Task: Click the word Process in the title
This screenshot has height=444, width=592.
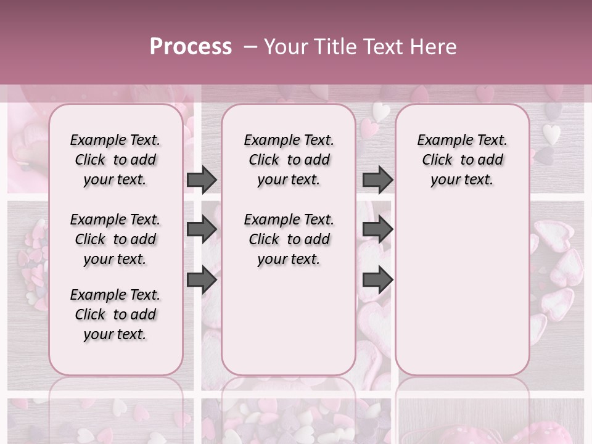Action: pyautogui.click(x=191, y=47)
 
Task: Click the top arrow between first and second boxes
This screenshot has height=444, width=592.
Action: pyautogui.click(x=202, y=180)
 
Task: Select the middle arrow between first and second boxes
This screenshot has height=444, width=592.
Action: pyautogui.click(x=202, y=230)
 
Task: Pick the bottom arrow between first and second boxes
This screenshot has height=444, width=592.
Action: pyautogui.click(x=202, y=279)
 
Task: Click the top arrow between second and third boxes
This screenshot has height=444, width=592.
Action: pyautogui.click(x=378, y=180)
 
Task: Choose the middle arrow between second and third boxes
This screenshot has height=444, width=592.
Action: pyautogui.click(x=378, y=230)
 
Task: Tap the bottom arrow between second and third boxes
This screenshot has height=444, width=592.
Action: pyautogui.click(x=378, y=279)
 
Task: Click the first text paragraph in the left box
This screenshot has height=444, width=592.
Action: pyautogui.click(x=115, y=160)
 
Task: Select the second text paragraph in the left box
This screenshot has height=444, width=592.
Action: pyautogui.click(x=115, y=239)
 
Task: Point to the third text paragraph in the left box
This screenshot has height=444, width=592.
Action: pyautogui.click(x=115, y=314)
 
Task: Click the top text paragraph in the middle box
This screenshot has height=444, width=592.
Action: pyautogui.click(x=289, y=160)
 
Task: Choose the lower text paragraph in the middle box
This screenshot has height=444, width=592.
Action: pyautogui.click(x=289, y=239)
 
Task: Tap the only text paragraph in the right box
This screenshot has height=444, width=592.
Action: pyautogui.click(x=462, y=160)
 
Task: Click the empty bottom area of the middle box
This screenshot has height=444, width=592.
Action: pyautogui.click(x=289, y=327)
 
